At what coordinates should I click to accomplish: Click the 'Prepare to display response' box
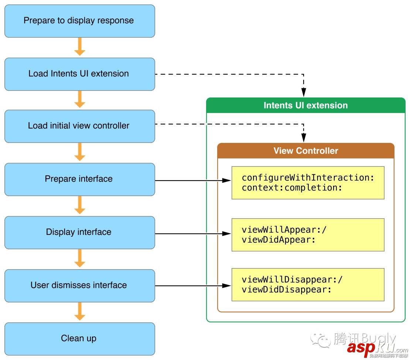point(79,21)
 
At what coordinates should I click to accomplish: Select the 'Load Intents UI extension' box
point(79,74)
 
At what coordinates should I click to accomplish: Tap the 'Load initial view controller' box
point(79,126)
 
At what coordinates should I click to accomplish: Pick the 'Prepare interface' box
point(79,179)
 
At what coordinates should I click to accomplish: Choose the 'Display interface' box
point(79,232)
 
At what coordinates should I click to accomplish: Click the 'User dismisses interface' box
point(79,285)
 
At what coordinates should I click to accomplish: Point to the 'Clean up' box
point(79,339)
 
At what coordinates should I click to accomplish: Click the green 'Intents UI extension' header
point(305,105)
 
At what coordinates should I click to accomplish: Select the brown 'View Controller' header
point(305,151)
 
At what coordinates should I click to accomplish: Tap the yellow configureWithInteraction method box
point(308,183)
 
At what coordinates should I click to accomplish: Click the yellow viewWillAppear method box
point(308,235)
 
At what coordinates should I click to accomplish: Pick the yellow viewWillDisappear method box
point(308,285)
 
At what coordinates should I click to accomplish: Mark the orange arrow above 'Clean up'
point(79,312)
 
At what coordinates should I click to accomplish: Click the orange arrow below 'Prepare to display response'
point(79,47)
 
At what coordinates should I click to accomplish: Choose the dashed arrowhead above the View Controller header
point(304,138)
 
